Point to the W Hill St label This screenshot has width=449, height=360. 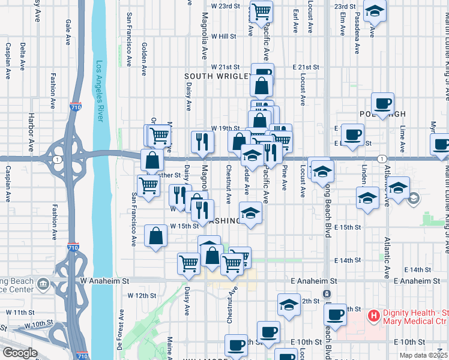223,36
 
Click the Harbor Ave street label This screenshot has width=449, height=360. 31,131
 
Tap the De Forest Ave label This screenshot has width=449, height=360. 121,329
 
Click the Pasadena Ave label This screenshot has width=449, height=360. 357,33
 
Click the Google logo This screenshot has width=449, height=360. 19,353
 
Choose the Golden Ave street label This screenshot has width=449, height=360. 144,59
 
